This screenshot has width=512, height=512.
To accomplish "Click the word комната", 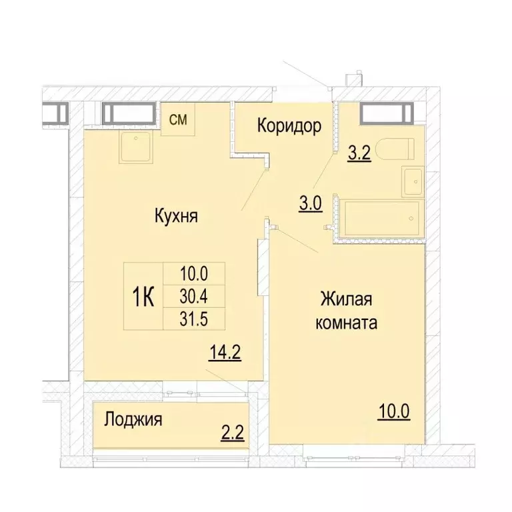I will click(x=349, y=323).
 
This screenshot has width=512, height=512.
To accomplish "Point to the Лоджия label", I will click(x=133, y=420).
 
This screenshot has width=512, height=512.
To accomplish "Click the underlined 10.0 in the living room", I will click(x=393, y=409).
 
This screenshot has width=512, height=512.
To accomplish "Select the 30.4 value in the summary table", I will click(x=195, y=296).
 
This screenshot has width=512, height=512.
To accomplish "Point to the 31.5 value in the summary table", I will click(x=195, y=318).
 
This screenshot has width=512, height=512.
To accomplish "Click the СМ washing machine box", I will click(x=177, y=120).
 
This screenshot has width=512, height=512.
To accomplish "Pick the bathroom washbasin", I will click(x=413, y=181).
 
